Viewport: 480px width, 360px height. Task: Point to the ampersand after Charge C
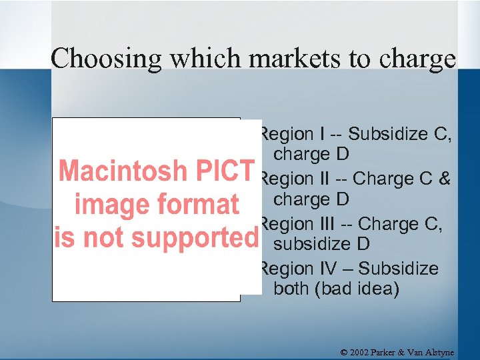[444, 179]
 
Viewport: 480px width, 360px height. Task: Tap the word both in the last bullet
[294, 289]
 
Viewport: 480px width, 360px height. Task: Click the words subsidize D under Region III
[322, 244]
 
